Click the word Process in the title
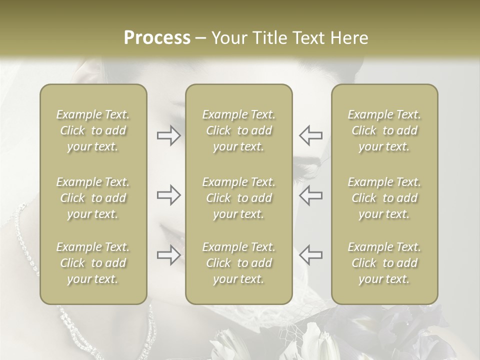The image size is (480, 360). (157, 38)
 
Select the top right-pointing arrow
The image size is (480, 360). (169, 135)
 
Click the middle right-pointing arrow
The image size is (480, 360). (169, 195)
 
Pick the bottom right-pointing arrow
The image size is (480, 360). (169, 254)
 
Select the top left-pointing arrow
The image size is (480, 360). (310, 135)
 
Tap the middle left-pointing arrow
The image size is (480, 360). (310, 195)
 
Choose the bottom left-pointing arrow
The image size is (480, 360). (310, 254)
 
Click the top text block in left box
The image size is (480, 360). (93, 130)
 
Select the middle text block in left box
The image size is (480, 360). (93, 198)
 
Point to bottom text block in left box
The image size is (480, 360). (93, 263)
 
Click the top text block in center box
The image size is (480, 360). (239, 130)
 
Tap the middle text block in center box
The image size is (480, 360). (239, 198)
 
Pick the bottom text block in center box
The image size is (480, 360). (239, 263)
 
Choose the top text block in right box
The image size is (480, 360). (384, 130)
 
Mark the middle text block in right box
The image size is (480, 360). (384, 198)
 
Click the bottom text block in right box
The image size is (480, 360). (384, 263)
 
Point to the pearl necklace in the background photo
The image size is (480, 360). (25, 235)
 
